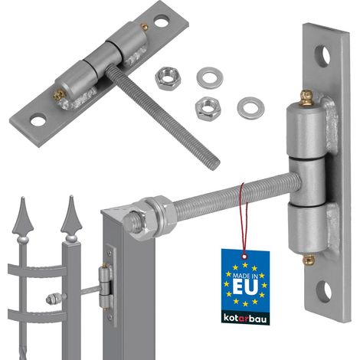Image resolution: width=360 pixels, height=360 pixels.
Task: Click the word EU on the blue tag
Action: tap(245, 286)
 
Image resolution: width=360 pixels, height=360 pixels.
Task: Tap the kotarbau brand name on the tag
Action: tap(245, 319)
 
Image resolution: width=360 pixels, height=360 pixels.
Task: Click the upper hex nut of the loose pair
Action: tap(166, 77)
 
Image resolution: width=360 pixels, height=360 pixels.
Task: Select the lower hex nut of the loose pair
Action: tap(208, 109)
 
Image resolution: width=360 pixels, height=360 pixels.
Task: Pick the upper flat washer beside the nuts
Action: tap(210, 77)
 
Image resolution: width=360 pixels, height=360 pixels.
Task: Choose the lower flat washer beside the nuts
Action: tap(250, 110)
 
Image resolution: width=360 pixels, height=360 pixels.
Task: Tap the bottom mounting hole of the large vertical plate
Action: tap(324, 292)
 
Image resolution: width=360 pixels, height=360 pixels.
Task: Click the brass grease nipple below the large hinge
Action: tap(309, 260)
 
